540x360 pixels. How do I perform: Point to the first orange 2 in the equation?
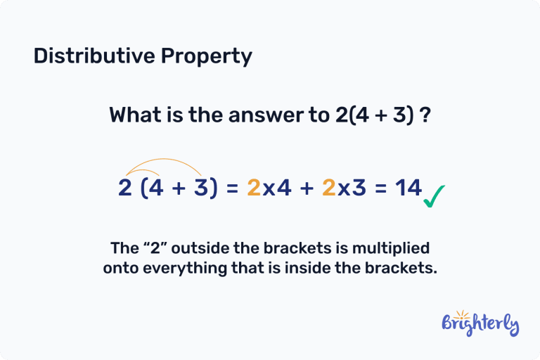(254, 188)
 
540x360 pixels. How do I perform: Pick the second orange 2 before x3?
(328, 188)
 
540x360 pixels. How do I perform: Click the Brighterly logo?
(480, 324)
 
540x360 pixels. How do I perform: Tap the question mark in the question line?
(425, 115)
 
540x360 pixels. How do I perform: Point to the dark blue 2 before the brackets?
(125, 188)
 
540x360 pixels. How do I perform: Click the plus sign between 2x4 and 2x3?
(304, 188)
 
